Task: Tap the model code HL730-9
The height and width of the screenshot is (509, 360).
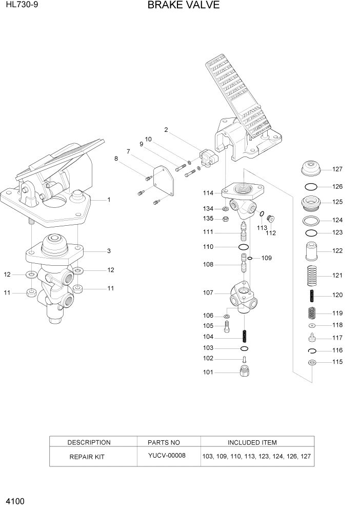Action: tap(21, 6)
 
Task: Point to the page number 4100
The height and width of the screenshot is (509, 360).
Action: tap(15, 500)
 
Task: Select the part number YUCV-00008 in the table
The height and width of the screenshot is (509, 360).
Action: tap(167, 456)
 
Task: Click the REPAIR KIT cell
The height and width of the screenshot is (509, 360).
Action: tap(87, 456)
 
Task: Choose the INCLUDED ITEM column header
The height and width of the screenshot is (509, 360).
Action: tap(252, 442)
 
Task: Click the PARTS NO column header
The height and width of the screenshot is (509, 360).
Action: tap(164, 442)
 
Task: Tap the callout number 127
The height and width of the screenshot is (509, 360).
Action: tap(337, 169)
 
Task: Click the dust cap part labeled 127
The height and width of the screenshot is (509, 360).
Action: tap(311, 169)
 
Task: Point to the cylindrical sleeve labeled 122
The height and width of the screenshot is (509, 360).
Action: tap(311, 251)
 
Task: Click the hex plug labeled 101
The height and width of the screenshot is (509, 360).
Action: tap(245, 371)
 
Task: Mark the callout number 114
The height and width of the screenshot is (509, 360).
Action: tap(208, 193)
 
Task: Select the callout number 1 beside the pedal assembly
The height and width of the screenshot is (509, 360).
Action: tap(109, 200)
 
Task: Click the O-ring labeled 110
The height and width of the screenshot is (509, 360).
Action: tap(244, 247)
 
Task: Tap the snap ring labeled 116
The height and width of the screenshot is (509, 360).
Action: tap(311, 350)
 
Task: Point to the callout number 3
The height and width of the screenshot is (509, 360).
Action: tap(109, 251)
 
